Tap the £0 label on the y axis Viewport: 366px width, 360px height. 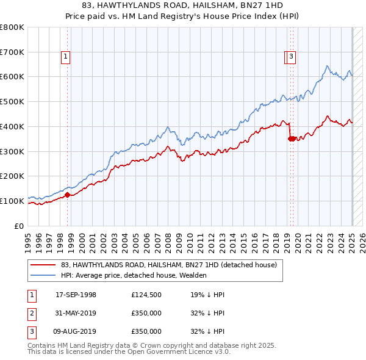(x=20, y=226)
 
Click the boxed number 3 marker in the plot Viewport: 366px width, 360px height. (x=292, y=57)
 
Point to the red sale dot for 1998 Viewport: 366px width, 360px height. (x=68, y=195)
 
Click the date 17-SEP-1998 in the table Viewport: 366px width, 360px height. (x=76, y=295)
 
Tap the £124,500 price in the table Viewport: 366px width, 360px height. (x=146, y=295)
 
